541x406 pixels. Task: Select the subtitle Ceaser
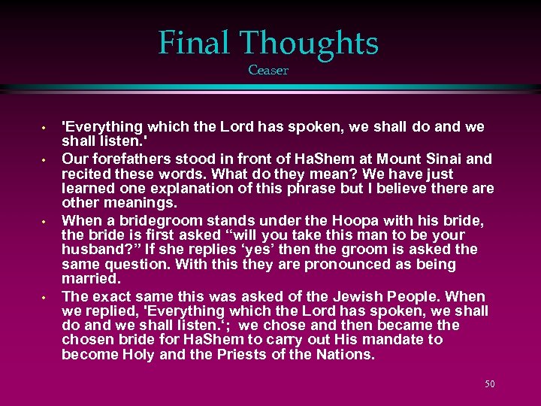tap(268, 71)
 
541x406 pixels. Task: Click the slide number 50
tap(489, 383)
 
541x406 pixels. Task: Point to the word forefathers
tap(124, 159)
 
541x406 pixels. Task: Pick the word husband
tap(92, 250)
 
